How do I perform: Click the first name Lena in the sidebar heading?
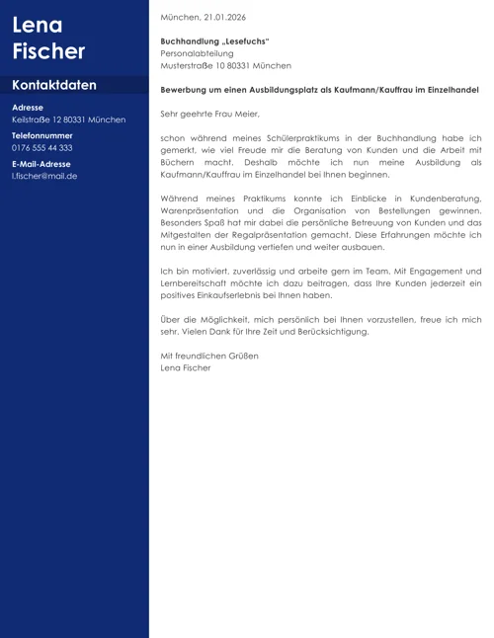point(37,25)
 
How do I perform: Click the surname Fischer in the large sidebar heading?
point(48,51)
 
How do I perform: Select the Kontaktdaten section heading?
point(54,85)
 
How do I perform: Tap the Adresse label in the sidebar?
point(28,107)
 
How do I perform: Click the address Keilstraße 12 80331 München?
point(68,120)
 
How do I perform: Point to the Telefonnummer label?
point(42,134)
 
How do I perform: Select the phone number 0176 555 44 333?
point(42,147)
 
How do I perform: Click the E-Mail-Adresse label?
point(41,163)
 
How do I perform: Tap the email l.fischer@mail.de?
point(44,176)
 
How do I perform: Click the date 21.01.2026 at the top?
point(224,18)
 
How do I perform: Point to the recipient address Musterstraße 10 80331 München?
point(225,65)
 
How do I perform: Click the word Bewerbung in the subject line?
point(185,90)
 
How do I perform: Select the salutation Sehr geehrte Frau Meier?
point(209,114)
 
